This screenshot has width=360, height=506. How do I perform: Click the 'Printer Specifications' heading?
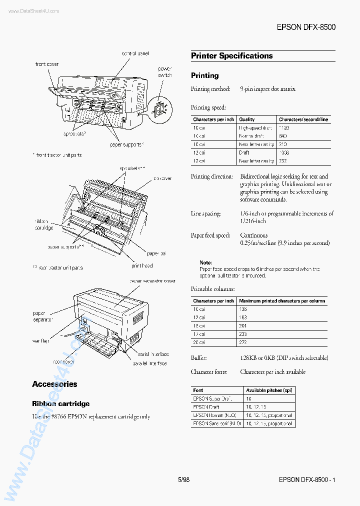[x=231, y=56]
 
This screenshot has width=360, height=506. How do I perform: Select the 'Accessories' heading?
[x=54, y=384]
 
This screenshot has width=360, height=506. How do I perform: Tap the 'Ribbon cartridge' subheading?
[x=61, y=403]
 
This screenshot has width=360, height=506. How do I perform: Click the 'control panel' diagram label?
[x=135, y=53]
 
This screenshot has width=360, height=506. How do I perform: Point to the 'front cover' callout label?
[x=47, y=64]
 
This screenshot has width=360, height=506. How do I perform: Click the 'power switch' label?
[x=165, y=71]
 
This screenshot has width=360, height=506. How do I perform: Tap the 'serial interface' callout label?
[x=153, y=354]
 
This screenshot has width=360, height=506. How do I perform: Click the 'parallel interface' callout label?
[x=150, y=363]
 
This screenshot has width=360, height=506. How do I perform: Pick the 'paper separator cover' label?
[x=152, y=281]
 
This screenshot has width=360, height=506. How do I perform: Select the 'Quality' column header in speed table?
[x=246, y=119]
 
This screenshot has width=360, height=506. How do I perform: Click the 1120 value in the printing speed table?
[x=284, y=127]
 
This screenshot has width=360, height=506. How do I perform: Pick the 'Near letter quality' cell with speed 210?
[x=256, y=144]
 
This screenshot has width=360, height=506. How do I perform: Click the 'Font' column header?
[x=198, y=390]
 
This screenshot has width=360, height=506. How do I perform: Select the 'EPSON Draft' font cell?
[x=206, y=407]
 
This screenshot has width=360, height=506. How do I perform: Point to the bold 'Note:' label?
[x=205, y=262]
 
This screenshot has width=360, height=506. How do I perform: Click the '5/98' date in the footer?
[x=183, y=479]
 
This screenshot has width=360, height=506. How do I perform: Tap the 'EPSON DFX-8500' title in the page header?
[x=305, y=26]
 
